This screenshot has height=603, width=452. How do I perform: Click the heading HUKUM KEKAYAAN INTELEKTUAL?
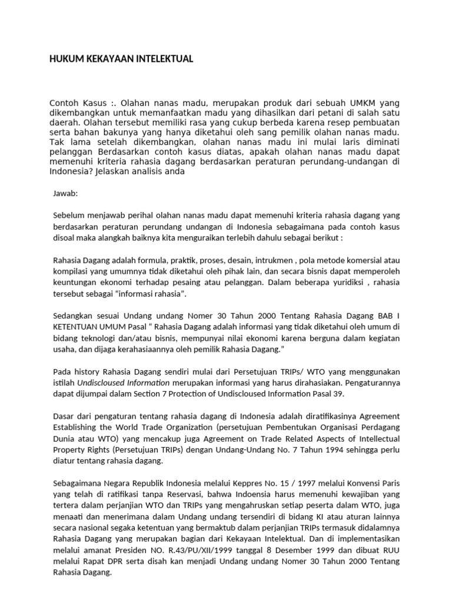click(121, 59)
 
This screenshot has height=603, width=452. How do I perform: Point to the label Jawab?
click(65, 193)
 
